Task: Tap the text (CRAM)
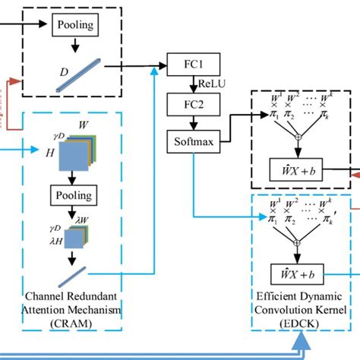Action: click(x=72, y=324)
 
